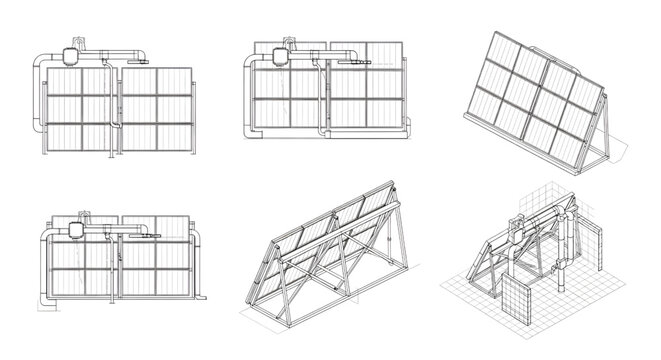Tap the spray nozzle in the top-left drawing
click(140, 58)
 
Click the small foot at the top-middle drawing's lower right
click(409, 126)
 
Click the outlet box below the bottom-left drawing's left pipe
click(45, 298)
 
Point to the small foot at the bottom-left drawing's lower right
click(202, 297)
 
